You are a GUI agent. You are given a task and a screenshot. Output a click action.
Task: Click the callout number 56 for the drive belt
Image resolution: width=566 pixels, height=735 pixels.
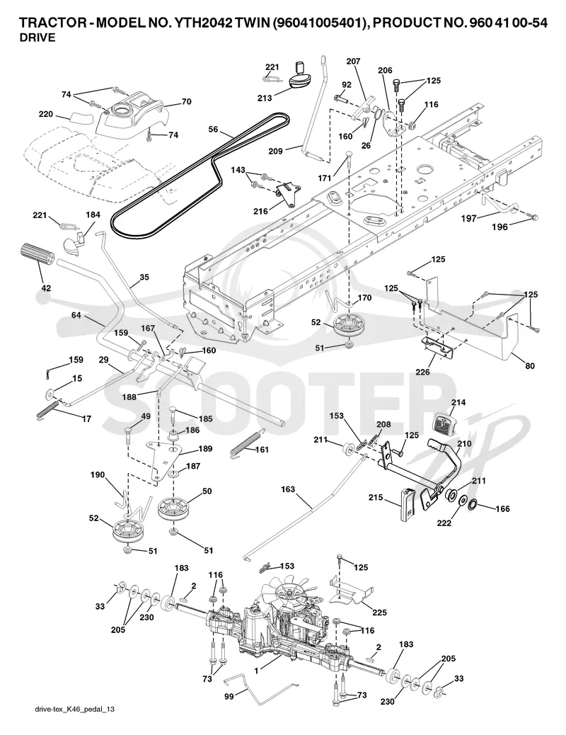click(213, 129)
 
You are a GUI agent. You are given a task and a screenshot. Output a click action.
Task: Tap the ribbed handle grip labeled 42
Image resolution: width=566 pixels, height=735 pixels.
click(37, 256)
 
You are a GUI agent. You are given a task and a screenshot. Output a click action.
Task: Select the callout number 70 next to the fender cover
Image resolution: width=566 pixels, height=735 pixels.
click(187, 101)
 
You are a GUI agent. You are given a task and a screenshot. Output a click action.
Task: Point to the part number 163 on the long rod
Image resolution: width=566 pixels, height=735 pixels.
click(288, 489)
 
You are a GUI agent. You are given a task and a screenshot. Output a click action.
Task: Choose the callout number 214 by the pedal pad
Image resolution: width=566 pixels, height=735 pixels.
click(458, 402)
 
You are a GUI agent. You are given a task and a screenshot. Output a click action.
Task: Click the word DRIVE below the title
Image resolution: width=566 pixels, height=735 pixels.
click(37, 38)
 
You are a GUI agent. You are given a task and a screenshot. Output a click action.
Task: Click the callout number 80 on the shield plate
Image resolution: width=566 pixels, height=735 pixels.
click(530, 366)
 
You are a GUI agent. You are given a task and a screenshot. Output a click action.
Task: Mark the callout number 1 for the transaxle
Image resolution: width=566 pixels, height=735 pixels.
click(256, 671)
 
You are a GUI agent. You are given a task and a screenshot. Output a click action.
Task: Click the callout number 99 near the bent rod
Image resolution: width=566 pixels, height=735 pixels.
click(229, 697)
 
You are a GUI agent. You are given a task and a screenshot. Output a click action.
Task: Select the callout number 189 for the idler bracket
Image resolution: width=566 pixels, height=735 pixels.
click(204, 449)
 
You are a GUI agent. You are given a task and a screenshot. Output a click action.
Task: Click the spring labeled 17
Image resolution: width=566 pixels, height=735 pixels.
click(48, 408)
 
